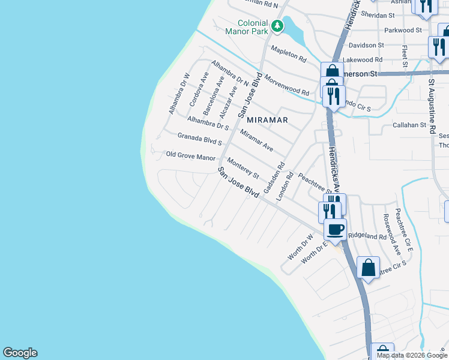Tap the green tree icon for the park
pyautogui.click(x=277, y=25)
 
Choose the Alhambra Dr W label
pyautogui.click(x=179, y=94)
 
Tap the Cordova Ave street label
pyautogui.click(x=199, y=90)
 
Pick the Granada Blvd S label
pyautogui.click(x=200, y=139)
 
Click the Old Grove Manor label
pyautogui.click(x=190, y=157)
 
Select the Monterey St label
pyautogui.click(x=243, y=168)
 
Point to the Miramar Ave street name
pyautogui.click(x=256, y=140)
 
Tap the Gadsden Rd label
pyautogui.click(x=273, y=173)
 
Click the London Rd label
pyautogui.click(x=284, y=186)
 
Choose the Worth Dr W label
pyautogui.click(x=300, y=247)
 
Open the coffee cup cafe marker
pyautogui.click(x=336, y=229)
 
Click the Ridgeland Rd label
pyautogui.click(x=367, y=236)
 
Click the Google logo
pyautogui.click(x=20, y=353)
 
